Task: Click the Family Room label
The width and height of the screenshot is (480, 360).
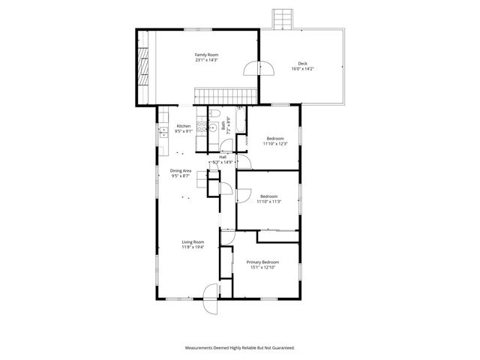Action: coord(206,55)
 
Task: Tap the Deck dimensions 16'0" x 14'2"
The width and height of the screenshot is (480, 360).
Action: coord(302,69)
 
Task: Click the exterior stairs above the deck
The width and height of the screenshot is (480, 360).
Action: coord(283,18)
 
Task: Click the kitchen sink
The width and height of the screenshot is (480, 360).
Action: coord(163,133)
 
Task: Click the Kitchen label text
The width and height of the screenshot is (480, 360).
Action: coord(184,126)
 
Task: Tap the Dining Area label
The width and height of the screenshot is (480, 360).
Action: coord(181,171)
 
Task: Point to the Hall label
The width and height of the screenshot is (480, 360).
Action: coord(223,156)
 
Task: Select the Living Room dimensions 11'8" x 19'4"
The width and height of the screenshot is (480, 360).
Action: coord(193,247)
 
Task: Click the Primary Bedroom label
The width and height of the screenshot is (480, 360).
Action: coord(262,262)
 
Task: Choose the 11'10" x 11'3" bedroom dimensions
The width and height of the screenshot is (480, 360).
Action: coord(268,202)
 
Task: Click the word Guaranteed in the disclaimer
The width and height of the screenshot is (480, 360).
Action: coord(280,348)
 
